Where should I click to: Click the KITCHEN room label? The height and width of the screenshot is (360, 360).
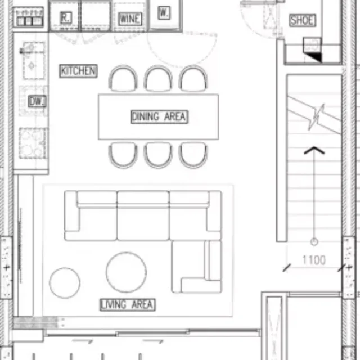point(78,71)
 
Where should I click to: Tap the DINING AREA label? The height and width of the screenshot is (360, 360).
point(159,116)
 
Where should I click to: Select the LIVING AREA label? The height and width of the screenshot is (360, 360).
point(128,305)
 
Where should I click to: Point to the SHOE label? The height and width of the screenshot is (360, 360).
point(303,20)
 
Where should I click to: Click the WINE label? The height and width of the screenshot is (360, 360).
point(130,19)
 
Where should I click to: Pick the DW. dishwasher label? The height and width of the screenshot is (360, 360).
point(37,101)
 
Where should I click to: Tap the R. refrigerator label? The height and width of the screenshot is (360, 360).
point(66,17)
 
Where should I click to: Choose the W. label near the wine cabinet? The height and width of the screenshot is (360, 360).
point(164,12)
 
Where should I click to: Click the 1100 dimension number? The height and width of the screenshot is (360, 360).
point(314,260)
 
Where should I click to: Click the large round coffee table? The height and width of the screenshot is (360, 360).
point(126,272)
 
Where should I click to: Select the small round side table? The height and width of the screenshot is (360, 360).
point(65,282)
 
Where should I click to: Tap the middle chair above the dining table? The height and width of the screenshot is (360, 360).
point(158,78)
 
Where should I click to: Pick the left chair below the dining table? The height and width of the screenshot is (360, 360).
point(123,155)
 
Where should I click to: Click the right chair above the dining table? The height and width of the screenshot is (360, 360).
point(193,78)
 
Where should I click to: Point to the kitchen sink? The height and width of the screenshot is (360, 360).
point(33,61)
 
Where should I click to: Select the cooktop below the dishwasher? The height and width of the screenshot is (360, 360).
point(34,143)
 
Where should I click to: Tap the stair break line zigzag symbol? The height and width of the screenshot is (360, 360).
point(316,117)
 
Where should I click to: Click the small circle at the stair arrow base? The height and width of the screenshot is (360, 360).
point(314,241)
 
